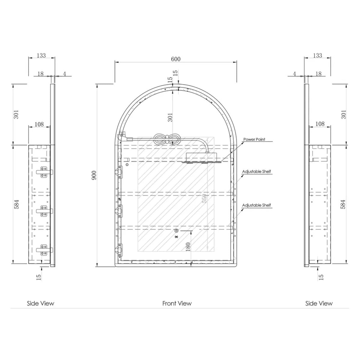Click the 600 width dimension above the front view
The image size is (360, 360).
coord(175,59)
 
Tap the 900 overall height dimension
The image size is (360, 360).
coord(94,175)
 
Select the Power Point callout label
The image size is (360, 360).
coord(254,139)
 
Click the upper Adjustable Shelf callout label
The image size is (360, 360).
coord(256,172)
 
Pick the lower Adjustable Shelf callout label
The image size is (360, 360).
coord(256,205)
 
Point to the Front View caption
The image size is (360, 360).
coord(177,303)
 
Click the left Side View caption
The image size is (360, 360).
coord(40,303)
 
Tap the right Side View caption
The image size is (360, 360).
coord(319,303)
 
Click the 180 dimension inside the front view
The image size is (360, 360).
coord(188,247)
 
